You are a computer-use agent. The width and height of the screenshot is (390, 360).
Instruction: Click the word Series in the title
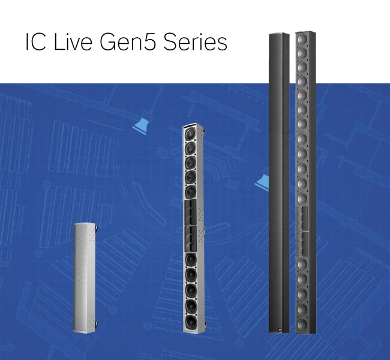click(x=195, y=41)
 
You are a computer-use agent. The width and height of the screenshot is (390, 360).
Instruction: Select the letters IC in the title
click(x=36, y=41)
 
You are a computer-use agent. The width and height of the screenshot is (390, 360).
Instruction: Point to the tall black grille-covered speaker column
click(x=279, y=183)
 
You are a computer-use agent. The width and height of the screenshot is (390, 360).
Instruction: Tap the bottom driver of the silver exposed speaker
click(x=191, y=322)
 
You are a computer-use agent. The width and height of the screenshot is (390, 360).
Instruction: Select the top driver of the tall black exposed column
click(x=302, y=38)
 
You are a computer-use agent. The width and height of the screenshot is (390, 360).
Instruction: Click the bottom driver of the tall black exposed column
click(x=302, y=323)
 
